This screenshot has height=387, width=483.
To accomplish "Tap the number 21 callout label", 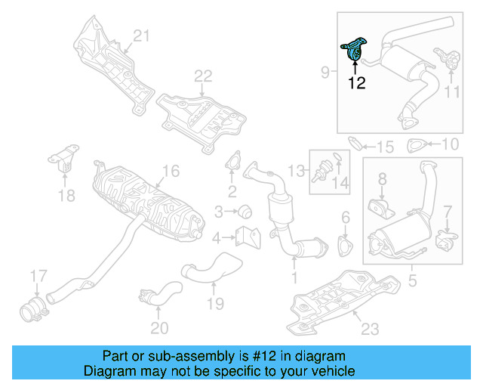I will coord(143,35).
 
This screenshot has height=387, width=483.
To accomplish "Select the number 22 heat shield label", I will coord(203,76).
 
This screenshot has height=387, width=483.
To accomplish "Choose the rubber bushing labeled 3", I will coord(245,210).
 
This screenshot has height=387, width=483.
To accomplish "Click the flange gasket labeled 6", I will coord(345,246).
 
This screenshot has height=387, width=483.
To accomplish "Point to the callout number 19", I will coord(216,304).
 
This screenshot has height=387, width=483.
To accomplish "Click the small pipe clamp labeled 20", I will coord(154,296).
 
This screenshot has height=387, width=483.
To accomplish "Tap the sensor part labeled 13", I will coord(321,170).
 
